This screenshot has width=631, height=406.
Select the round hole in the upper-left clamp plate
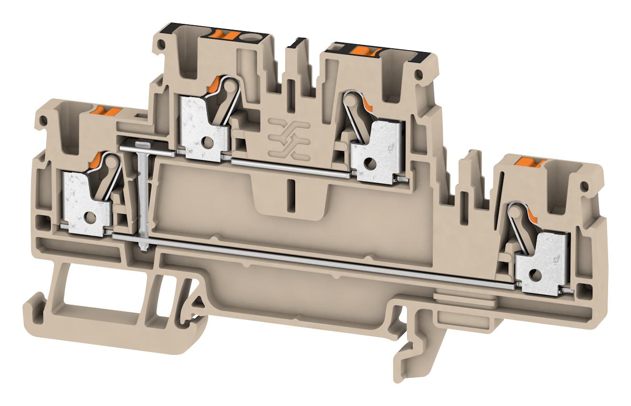point(209,142)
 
